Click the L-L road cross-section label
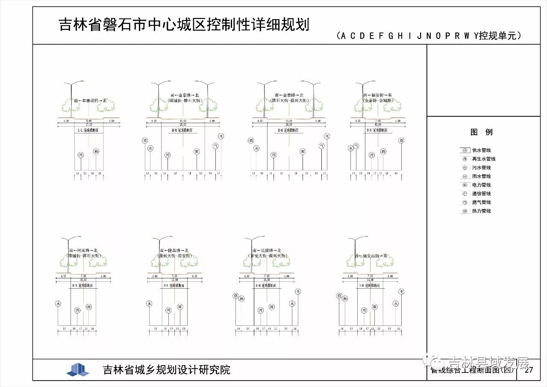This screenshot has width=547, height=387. pos(88,130)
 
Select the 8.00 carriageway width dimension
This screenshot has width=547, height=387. pos(89,121)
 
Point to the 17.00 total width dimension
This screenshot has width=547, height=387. pos(88,125)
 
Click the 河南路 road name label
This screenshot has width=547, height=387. pos(83,251)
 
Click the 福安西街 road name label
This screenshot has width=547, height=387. pos(371,256)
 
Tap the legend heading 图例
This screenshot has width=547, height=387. pos(482,132)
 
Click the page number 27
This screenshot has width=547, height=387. pos(529,370)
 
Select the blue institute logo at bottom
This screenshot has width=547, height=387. pos(78,369)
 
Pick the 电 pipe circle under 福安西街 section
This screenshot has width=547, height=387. pos(401,292)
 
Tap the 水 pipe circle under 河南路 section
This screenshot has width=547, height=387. pos(58,304)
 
